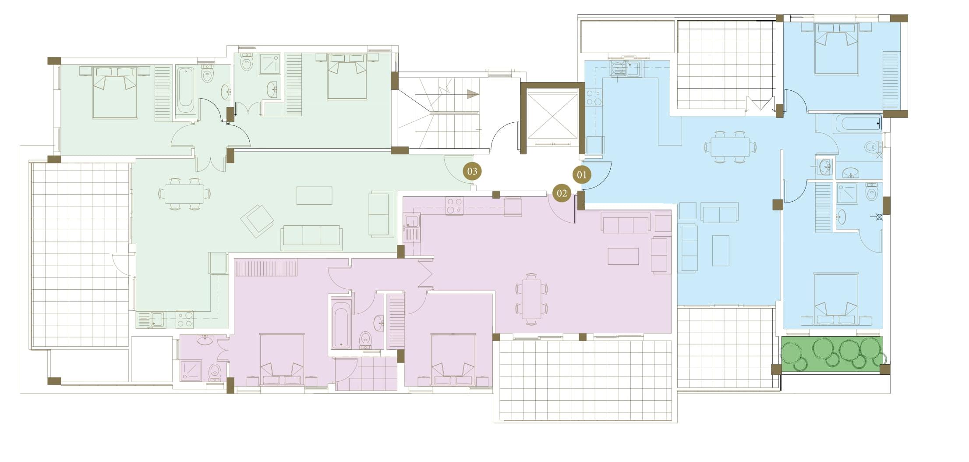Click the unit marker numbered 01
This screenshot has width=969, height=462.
click(x=581, y=175)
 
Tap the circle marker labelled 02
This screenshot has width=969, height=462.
click(x=562, y=193)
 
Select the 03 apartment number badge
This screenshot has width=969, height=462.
click(x=472, y=171)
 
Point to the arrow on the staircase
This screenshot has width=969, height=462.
click(x=472, y=94)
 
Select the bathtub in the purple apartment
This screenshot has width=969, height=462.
click(x=341, y=325)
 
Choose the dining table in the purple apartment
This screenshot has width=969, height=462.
click(x=531, y=299)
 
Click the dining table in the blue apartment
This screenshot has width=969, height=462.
click(x=730, y=147)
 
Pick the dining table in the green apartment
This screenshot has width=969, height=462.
click(x=184, y=194)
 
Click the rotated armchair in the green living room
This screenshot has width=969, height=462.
click(x=257, y=221)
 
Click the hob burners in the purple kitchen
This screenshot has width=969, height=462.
click(x=454, y=206)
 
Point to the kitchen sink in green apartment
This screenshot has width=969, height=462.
click(x=156, y=319)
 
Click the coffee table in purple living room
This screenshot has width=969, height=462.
click(x=623, y=256)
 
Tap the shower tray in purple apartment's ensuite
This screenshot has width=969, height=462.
click(x=191, y=370)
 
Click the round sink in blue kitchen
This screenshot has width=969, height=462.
click(x=618, y=69)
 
